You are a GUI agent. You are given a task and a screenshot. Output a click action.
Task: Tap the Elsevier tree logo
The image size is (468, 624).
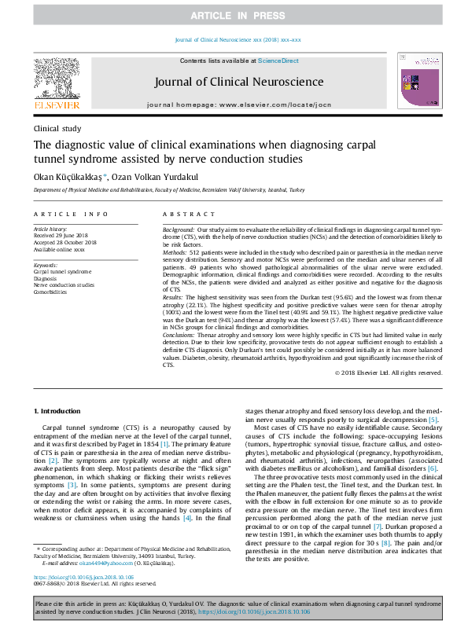click(x=56, y=79)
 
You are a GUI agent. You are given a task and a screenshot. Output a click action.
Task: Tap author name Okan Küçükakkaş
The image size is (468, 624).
click(x=68, y=177)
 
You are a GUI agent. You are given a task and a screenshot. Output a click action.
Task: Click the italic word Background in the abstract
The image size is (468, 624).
click(x=180, y=228)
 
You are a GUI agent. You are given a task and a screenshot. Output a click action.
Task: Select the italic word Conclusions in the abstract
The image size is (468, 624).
click(x=182, y=335)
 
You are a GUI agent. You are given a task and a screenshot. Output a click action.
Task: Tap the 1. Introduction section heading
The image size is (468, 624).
click(x=58, y=411)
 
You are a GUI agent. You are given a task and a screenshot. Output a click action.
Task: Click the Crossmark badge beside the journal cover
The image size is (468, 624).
click(x=403, y=60)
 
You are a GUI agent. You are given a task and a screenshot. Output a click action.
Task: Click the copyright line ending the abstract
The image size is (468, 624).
click(x=388, y=372)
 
